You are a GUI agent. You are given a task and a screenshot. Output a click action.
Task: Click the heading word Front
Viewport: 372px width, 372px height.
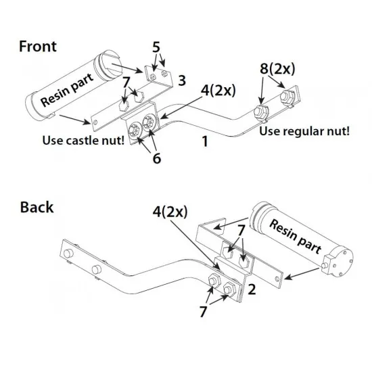coord(38,46)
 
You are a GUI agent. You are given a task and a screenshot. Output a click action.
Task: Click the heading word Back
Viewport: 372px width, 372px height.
coord(37,207)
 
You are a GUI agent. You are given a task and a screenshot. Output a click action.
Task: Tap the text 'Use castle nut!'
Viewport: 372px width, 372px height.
coord(83,140)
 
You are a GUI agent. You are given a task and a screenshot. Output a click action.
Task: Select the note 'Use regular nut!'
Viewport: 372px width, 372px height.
coord(304,131)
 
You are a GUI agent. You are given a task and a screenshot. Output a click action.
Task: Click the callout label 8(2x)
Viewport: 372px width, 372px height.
coord(277,69)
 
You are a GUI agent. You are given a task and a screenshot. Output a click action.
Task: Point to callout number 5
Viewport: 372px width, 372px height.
coord(156,47)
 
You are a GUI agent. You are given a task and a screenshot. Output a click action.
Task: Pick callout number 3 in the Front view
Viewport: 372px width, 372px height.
coord(182,80)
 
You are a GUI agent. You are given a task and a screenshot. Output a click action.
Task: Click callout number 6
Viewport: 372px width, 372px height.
coord(157,158)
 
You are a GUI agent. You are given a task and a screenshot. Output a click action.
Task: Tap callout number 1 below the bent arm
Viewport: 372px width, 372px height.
coord(205,141)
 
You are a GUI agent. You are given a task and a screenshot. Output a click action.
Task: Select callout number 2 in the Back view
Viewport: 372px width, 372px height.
coord(252,289)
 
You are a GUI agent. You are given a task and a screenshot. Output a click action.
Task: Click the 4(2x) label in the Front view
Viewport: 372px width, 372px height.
coord(218,91)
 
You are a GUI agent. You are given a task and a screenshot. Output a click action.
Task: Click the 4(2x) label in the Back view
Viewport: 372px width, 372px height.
coord(170,212)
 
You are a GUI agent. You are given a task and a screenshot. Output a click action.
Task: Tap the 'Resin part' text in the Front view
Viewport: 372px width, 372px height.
coord(67,90)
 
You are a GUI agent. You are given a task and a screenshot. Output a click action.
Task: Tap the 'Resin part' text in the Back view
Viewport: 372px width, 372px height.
coord(296,236)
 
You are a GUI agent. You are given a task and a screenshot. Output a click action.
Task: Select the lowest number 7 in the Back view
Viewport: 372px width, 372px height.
coord(203,312)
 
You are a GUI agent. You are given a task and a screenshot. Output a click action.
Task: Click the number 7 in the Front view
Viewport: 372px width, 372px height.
coord(126,82)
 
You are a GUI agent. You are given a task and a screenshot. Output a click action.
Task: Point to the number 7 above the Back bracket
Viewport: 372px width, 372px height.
coord(241,230)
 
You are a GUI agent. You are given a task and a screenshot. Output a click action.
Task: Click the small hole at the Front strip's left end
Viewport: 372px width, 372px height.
coord(95,122)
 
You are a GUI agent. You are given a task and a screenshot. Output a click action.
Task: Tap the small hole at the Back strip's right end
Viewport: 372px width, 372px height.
coord(277,279)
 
